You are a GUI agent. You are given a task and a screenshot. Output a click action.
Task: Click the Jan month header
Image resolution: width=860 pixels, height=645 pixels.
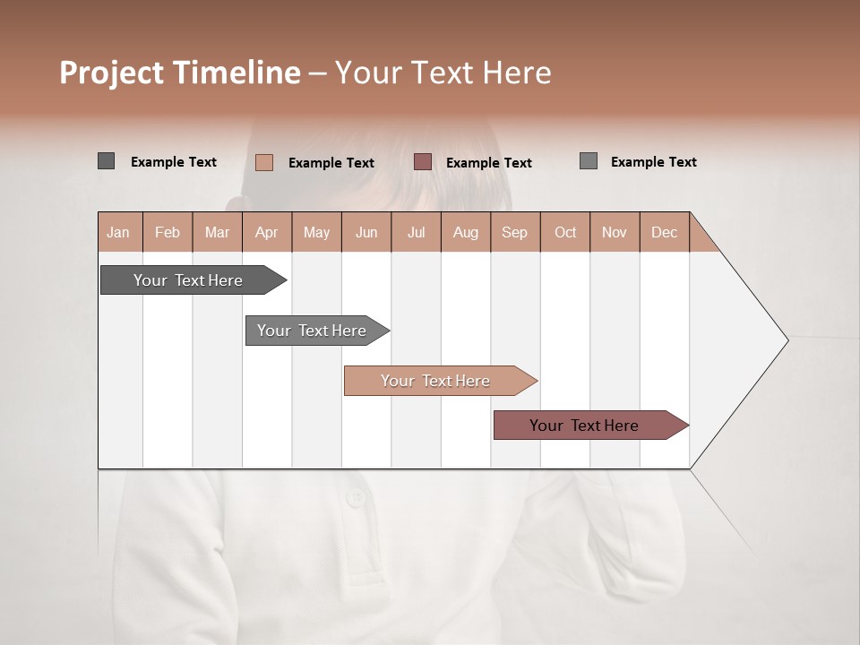118,232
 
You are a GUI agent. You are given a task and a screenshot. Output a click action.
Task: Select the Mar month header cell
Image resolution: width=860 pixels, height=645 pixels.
217,232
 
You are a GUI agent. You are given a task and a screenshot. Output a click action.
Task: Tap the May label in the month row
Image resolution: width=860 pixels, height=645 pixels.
316,232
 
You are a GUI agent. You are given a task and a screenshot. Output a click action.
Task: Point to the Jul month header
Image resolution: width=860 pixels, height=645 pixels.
416,232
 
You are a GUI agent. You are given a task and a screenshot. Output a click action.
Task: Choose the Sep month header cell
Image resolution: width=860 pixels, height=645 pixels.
514,232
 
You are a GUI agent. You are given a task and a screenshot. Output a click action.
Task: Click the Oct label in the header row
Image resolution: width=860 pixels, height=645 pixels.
565,232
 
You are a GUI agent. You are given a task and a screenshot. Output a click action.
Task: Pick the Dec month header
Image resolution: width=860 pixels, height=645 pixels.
664,232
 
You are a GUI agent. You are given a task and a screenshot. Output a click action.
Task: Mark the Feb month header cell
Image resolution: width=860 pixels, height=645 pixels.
168,232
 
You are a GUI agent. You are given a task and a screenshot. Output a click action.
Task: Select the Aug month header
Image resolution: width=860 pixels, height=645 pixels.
465,232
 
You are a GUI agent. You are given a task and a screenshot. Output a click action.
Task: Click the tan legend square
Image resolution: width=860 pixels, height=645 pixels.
263,162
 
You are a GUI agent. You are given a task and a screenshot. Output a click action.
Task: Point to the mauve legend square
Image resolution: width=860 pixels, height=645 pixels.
423,162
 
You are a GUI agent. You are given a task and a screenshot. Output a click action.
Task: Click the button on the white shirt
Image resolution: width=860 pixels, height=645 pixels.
357,498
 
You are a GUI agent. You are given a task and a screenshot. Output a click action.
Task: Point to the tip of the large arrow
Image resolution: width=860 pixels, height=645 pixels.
787,340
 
